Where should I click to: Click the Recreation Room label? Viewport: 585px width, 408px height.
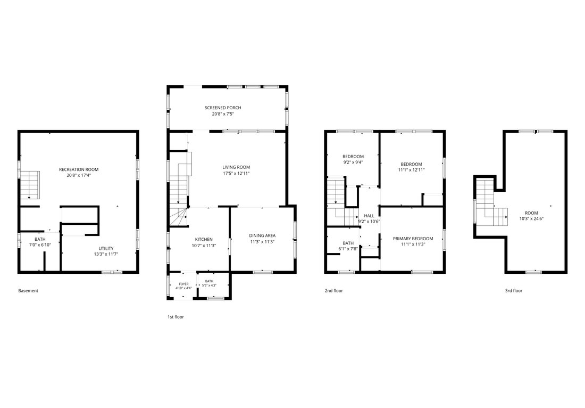pos(79,169)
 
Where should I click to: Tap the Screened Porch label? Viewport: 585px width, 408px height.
pos(223,108)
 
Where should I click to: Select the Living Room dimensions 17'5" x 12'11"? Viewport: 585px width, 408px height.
pos(236,173)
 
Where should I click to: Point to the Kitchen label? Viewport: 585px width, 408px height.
pos(204,240)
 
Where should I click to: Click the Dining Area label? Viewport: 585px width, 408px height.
pos(262,236)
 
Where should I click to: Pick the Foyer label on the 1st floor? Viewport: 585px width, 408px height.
pos(183,284)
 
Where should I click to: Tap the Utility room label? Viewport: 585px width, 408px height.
pos(106,248)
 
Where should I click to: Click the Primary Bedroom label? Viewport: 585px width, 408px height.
pos(413,239)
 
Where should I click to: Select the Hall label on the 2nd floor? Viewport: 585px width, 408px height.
pos(369,216)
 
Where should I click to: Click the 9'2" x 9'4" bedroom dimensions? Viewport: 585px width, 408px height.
pos(353,162)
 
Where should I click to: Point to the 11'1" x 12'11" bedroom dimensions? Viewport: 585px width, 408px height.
pos(411,170)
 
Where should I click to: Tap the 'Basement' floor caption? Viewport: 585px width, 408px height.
pos(28,291)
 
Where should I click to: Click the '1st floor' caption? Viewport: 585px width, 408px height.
pos(175,317)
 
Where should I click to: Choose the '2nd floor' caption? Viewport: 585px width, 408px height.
pos(333,291)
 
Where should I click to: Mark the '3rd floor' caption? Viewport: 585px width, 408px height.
pos(514,291)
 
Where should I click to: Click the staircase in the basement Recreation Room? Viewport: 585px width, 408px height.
pos(30,185)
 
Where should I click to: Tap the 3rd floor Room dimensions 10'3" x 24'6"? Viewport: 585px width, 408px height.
pos(531,219)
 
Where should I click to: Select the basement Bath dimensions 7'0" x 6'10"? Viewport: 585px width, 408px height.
pos(40,245)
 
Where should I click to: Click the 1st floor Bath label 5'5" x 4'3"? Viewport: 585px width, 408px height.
pos(209,283)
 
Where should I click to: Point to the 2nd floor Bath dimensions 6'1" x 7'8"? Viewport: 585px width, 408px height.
pos(348,249)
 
